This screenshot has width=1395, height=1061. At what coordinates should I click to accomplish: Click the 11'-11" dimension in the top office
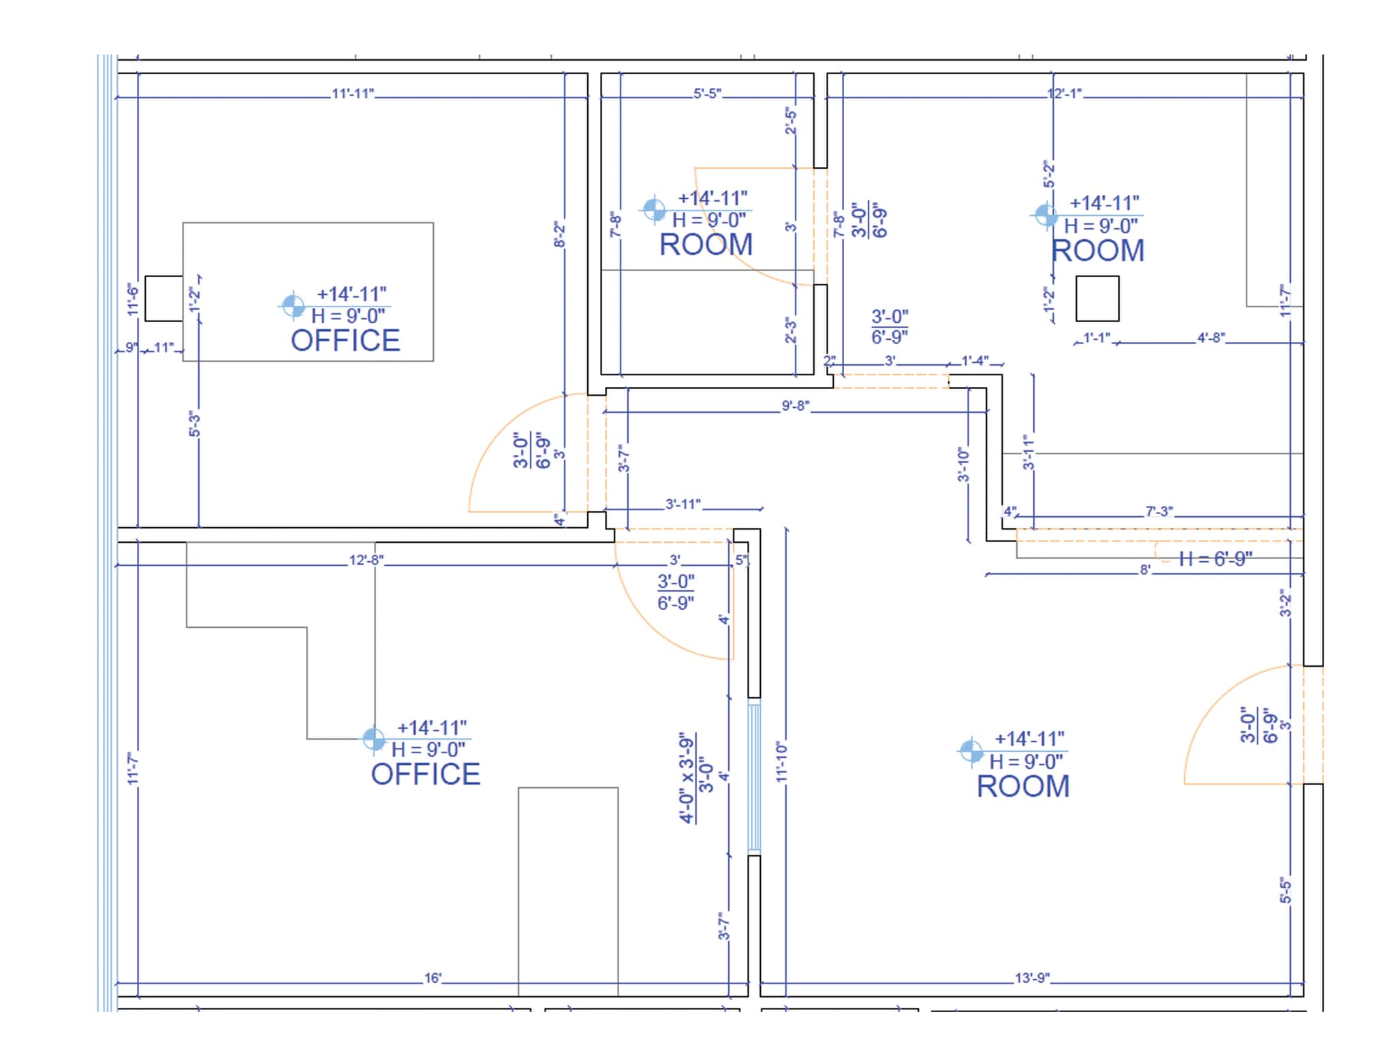click(353, 94)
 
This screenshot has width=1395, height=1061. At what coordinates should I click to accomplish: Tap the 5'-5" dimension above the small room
click(707, 94)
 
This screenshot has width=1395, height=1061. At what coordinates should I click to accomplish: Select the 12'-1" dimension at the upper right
click(1065, 94)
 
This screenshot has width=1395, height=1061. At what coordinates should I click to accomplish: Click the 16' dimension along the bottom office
click(433, 979)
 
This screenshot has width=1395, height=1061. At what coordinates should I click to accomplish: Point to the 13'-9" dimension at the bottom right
click(1032, 979)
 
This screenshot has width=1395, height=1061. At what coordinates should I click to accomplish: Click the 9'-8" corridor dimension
click(795, 407)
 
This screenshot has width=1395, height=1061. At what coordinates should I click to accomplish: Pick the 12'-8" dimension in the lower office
click(366, 560)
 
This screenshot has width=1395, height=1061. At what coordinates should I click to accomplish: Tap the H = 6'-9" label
click(1216, 559)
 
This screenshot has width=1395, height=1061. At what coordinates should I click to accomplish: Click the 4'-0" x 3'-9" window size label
click(688, 778)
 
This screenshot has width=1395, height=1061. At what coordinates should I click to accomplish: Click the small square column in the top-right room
click(1097, 298)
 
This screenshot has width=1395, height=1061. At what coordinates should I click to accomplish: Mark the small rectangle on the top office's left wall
click(164, 298)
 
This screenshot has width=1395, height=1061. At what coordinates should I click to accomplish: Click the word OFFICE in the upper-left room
click(345, 341)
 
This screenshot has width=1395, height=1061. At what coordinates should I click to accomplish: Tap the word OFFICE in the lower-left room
click(425, 774)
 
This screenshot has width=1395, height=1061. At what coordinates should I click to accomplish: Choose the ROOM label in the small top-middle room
click(706, 245)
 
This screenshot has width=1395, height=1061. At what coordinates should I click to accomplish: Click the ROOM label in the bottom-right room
click(1023, 787)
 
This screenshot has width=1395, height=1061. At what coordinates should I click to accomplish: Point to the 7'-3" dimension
click(1159, 511)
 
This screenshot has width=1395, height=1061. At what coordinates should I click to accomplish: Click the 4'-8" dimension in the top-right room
click(1211, 338)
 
